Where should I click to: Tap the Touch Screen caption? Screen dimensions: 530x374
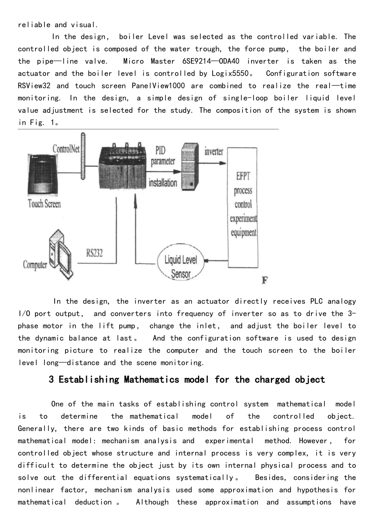click(44, 204)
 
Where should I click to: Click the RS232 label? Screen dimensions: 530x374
click(94, 253)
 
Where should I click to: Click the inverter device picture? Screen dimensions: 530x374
click(189, 166)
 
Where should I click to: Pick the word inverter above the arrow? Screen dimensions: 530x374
click(214, 151)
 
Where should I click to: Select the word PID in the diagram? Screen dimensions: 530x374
click(160, 150)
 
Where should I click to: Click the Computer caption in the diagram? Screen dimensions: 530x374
click(35, 265)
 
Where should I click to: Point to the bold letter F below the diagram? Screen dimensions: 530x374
click(265, 281)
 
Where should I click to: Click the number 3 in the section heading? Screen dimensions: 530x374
click(51, 380)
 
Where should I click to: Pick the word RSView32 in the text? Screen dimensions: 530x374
click(34, 86)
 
